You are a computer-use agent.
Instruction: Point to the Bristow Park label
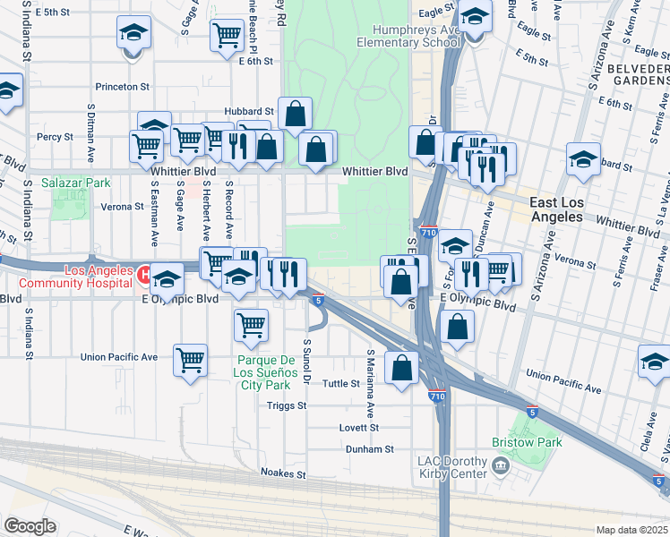tap(526, 442)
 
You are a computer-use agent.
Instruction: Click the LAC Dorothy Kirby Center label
tap(452, 466)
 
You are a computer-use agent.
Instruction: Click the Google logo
tap(29, 526)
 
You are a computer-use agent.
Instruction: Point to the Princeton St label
tap(124, 87)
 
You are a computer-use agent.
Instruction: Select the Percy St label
tap(55, 137)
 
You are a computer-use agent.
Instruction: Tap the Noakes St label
tap(283, 473)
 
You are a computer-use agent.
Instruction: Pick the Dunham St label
tap(376, 449)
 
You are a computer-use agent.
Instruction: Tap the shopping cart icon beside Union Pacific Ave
tap(190, 361)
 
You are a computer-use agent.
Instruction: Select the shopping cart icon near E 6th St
tap(227, 36)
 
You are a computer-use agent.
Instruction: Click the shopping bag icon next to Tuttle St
tap(401, 365)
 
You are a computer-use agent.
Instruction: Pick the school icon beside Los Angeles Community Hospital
tap(166, 278)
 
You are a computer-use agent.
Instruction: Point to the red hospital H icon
tap(142, 277)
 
